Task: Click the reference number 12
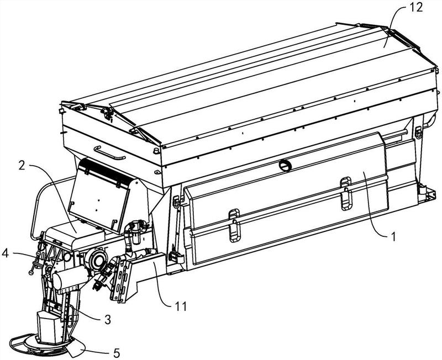tap(416, 7)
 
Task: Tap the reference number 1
tap(393, 237)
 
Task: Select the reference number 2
tap(22, 166)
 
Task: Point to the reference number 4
tap(6, 253)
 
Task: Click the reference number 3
tap(107, 320)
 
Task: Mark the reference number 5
tap(117, 353)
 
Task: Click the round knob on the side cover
tap(285, 165)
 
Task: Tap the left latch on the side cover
tap(234, 225)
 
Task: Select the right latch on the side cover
tap(346, 193)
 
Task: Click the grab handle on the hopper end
tap(109, 153)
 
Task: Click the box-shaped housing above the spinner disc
tap(50, 327)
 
